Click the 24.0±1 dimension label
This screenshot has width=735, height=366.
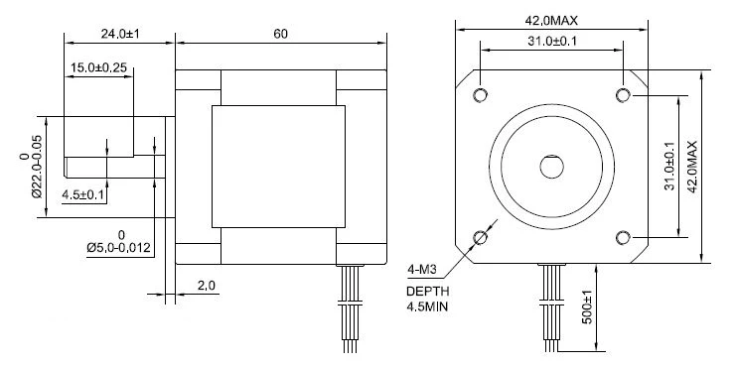(x=121, y=34)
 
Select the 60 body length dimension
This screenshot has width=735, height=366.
(x=280, y=34)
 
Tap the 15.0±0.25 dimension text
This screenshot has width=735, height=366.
(x=98, y=67)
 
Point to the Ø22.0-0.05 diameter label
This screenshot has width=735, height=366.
(x=31, y=167)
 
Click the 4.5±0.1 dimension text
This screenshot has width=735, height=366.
(x=83, y=195)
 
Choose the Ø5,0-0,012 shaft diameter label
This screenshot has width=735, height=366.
(x=120, y=242)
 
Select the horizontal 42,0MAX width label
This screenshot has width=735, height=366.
(x=551, y=21)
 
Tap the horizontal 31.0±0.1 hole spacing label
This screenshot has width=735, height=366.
(x=552, y=42)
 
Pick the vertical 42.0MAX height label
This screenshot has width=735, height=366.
(x=692, y=167)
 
